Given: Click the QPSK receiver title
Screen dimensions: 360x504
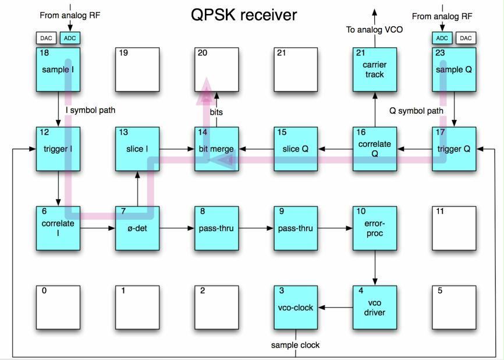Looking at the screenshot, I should [244, 15].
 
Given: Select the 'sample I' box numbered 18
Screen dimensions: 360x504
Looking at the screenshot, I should [58, 69].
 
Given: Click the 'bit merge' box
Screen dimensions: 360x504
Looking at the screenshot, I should [216, 149].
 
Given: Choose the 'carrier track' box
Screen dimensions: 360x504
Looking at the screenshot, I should [375, 69].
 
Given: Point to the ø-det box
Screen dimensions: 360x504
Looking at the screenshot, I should [137, 228].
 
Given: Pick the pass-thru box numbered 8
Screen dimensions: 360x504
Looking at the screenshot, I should [216, 228].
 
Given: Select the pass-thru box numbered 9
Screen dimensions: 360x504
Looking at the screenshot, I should [296, 228].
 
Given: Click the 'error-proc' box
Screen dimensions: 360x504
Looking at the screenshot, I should [375, 228].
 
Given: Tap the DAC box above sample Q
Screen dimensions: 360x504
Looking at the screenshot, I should [465, 38].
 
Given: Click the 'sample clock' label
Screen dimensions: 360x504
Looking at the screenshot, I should [295, 345].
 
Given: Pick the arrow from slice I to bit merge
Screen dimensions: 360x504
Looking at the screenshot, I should [177, 149].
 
